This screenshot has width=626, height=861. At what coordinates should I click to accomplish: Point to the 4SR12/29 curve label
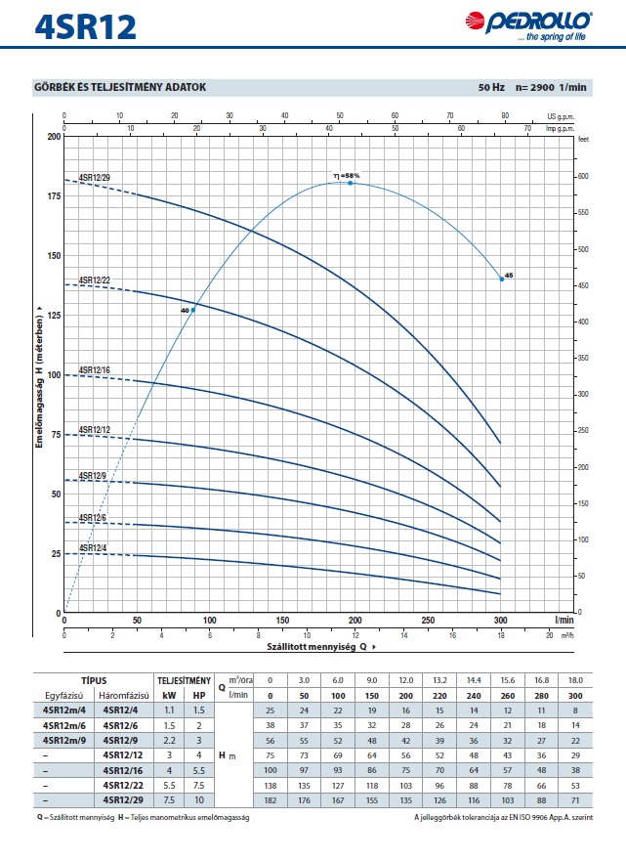point(95,177)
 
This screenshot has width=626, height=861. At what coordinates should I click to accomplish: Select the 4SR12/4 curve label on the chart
point(93,547)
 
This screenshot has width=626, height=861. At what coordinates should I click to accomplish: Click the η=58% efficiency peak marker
point(351,183)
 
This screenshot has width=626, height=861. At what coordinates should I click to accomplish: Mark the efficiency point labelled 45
point(502,279)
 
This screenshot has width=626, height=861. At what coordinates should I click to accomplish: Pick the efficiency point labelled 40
point(193,310)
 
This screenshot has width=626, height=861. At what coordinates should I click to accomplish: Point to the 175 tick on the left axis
point(54,195)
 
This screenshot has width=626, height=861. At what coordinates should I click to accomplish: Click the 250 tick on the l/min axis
point(429,620)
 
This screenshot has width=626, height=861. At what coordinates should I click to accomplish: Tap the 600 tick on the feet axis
point(584,176)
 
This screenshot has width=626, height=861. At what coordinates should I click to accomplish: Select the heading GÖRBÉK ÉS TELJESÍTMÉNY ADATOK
point(120,88)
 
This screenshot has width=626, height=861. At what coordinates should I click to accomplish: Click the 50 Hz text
point(491,88)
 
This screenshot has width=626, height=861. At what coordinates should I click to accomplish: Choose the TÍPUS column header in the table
point(94,679)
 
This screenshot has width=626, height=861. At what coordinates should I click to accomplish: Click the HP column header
point(199,694)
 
